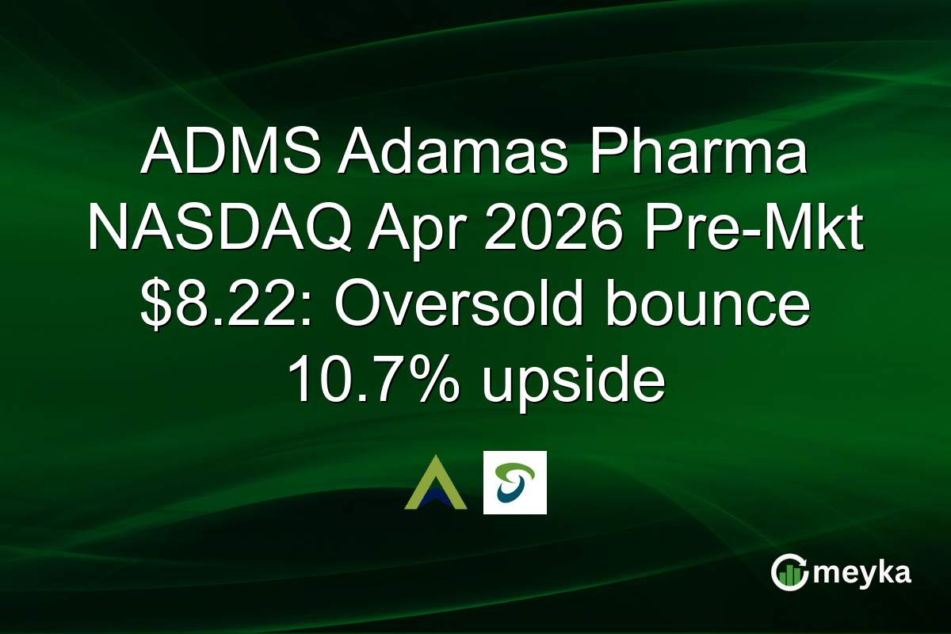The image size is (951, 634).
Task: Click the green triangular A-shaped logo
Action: click(x=435, y=483)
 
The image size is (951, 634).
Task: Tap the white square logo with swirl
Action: click(x=514, y=483)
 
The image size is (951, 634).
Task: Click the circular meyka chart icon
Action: click(x=790, y=573)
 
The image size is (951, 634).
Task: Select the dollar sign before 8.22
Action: click(x=156, y=305)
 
